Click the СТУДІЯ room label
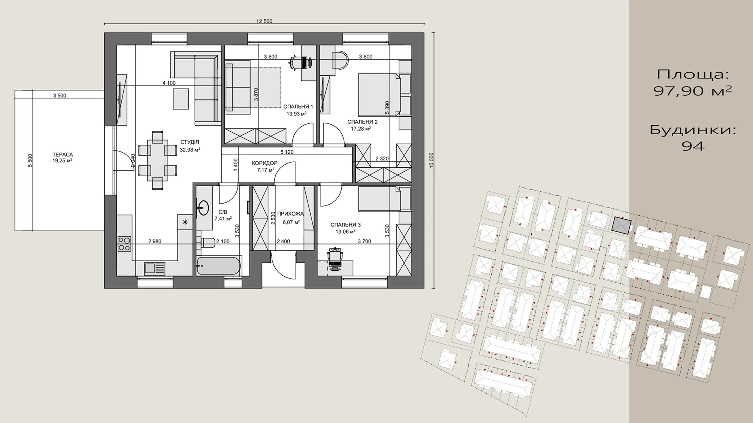click(x=190, y=142)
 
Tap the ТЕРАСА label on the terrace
click(x=63, y=154)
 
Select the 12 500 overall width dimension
click(x=264, y=21)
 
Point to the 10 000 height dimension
click(x=431, y=160)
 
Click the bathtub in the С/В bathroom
click(x=218, y=265)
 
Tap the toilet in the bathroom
click(x=208, y=243)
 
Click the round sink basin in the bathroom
click(x=203, y=208)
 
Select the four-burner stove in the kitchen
click(x=124, y=244)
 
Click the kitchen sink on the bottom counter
click(x=155, y=268)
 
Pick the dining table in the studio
click(x=157, y=160)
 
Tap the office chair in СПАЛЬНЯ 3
click(x=335, y=257)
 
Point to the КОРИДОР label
click(x=264, y=163)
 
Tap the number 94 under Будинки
click(x=693, y=146)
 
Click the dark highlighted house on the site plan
click(x=622, y=225)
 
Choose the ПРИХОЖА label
click(x=290, y=214)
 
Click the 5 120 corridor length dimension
click(x=287, y=152)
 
